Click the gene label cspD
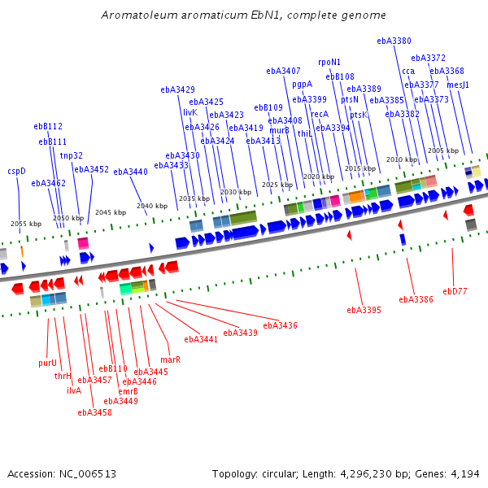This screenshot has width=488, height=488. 16,171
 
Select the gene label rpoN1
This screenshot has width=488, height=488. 329,62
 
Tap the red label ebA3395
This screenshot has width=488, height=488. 364,310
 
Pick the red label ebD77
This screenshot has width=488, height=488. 455,290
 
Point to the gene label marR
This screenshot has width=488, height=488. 170,359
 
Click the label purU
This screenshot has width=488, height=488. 48,363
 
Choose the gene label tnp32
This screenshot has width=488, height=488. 72,155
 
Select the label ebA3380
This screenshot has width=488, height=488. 394,41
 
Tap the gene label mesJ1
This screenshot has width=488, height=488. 458,85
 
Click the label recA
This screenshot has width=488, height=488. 320,114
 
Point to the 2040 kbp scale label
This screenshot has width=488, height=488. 151,206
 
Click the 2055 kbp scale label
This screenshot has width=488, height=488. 25,224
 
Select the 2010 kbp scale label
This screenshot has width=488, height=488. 401,159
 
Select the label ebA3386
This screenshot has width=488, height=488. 416,299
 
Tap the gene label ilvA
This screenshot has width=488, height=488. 74,390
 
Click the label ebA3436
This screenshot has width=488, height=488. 281,325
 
